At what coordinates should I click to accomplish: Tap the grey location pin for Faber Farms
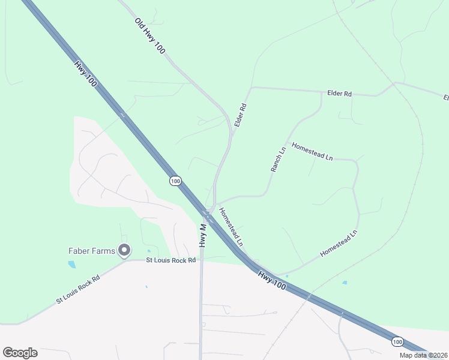tap(124, 250)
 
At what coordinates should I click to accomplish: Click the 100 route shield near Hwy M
tap(175, 181)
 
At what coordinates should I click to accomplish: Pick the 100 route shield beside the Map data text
tap(397, 341)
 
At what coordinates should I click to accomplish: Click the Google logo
tap(20, 353)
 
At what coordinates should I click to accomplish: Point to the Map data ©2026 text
tap(423, 355)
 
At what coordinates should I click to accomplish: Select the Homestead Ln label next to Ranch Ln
tap(312, 151)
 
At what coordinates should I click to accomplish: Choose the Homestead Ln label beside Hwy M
tap(231, 227)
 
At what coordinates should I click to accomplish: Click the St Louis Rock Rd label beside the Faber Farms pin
tap(171, 260)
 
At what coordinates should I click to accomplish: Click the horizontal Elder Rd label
tap(339, 94)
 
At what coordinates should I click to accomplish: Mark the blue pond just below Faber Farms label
tap(72, 264)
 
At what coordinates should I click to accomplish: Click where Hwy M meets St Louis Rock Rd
tap(201, 260)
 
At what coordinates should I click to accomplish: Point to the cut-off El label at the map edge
tap(445, 97)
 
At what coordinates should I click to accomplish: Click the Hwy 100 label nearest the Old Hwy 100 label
tap(86, 75)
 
